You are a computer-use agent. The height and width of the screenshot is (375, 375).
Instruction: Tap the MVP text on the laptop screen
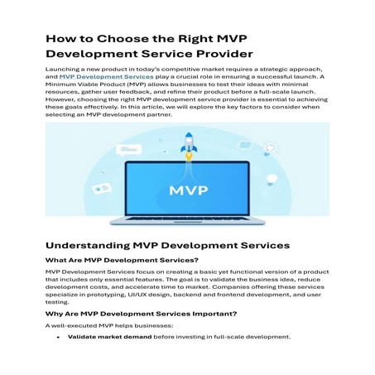[x=187, y=190]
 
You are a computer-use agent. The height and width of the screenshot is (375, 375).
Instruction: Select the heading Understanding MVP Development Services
[x=168, y=246]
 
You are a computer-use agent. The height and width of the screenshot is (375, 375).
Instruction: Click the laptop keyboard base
[x=187, y=224]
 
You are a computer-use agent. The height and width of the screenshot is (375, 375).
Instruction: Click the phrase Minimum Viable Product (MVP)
[x=90, y=86]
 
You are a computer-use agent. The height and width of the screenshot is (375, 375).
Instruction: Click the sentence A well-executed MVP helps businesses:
[x=97, y=325]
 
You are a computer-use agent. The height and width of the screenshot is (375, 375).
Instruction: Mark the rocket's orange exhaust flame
[x=188, y=155]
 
